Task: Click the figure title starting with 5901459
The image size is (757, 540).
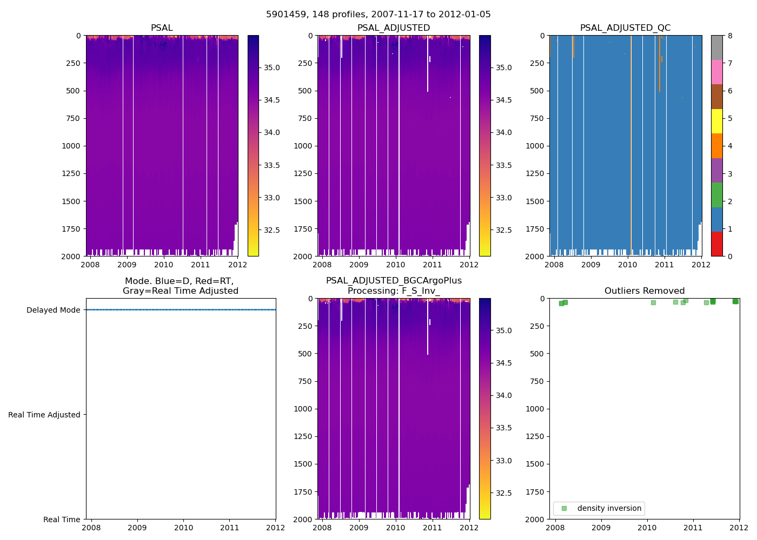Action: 378,15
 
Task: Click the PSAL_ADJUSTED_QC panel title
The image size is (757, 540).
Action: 625,28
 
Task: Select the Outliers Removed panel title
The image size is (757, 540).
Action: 645,291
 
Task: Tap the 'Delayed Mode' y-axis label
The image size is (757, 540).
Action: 53,310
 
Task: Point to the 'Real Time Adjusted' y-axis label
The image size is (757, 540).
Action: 44,415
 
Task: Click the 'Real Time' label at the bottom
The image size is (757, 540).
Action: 62,519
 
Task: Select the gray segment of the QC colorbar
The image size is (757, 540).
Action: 716,48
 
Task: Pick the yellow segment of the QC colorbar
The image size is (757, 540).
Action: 716,121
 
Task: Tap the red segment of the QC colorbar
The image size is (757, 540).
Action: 716,244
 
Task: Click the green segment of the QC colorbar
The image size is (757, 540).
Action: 716,194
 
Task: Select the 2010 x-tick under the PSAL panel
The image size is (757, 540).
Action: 163,265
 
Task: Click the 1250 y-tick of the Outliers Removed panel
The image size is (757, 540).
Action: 536,436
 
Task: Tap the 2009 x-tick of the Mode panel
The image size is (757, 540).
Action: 137,528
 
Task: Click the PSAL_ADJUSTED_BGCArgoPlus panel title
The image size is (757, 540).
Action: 394,286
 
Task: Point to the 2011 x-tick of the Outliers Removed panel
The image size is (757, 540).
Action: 693,528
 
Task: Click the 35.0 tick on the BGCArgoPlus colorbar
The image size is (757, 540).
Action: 504,330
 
